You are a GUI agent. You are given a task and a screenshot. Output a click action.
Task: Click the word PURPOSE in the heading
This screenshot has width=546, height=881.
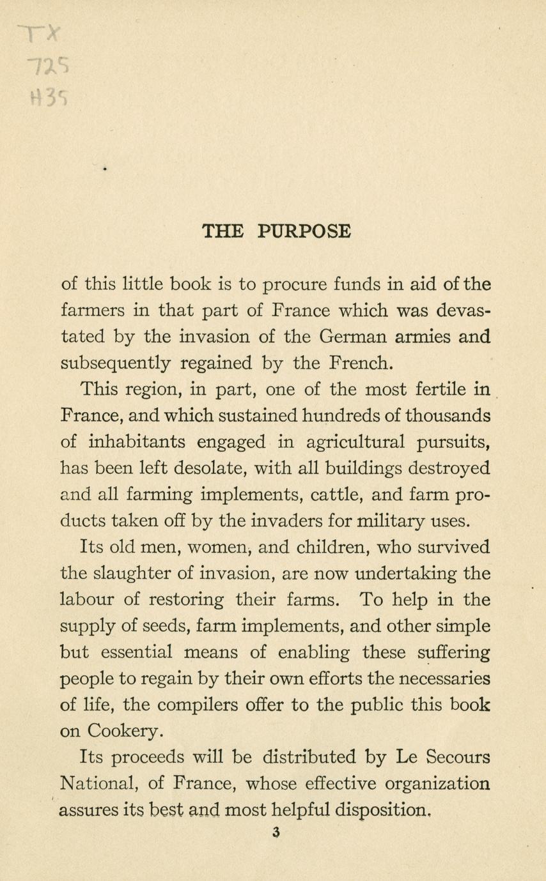tap(305, 231)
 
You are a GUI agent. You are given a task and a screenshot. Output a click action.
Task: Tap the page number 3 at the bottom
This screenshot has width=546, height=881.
tap(276, 832)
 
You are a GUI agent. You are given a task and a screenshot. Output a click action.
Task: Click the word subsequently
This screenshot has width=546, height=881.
tap(114, 363)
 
